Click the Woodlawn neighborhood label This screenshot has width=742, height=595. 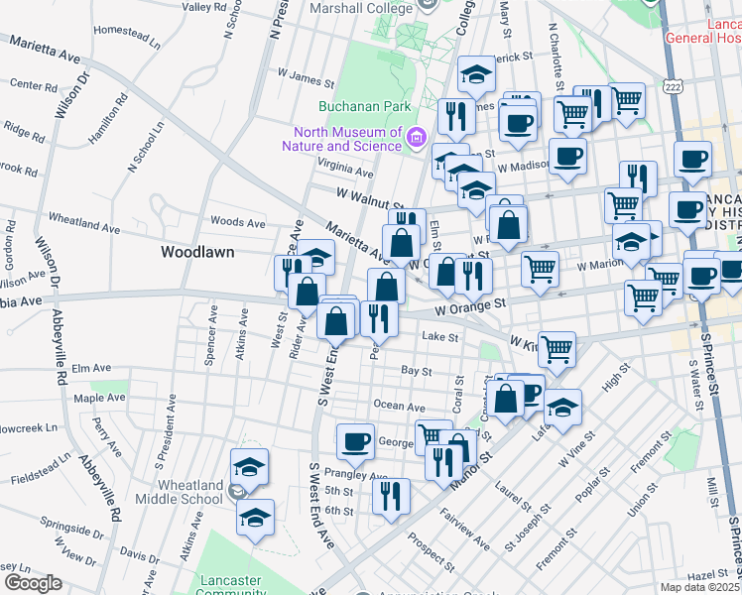[197, 252]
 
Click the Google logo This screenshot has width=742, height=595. [32, 582]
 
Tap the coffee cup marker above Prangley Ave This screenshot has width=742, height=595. [355, 442]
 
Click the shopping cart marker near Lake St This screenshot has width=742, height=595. [556, 349]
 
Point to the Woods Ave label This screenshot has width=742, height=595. [238, 222]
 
